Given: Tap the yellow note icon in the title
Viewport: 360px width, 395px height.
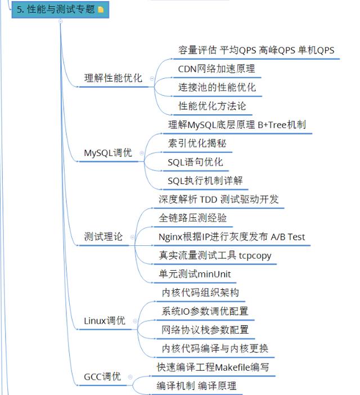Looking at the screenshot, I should (101, 10).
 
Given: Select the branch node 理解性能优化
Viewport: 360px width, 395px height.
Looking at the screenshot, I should (113, 78).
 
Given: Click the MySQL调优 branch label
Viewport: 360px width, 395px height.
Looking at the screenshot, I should (108, 152).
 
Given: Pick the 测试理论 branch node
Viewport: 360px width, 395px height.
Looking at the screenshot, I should (103, 237).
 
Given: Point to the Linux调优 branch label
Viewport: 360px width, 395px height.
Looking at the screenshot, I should (105, 321).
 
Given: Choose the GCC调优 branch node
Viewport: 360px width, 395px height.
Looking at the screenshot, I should (102, 376).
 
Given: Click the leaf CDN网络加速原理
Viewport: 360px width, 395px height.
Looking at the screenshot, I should (217, 69).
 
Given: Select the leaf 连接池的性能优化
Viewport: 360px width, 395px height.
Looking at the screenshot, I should (217, 87).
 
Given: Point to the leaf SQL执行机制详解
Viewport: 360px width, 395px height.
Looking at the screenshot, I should (205, 181).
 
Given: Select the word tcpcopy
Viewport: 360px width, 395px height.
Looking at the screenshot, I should (255, 255).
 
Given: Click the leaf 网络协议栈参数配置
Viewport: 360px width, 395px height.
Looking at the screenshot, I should (205, 330).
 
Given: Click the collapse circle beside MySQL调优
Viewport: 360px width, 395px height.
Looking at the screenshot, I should (142, 152).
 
